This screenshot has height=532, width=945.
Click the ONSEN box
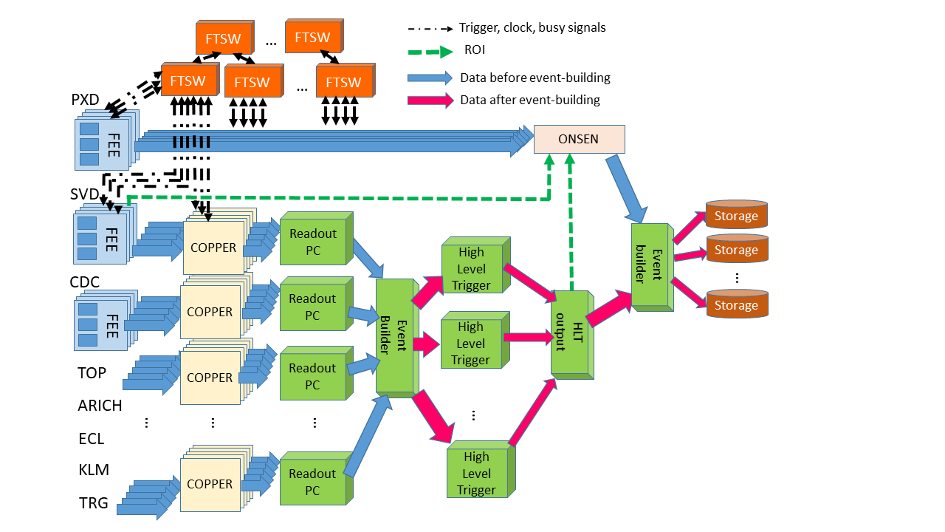tap(579, 139)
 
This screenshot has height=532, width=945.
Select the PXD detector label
tap(86, 100)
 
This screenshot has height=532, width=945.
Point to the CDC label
tap(85, 282)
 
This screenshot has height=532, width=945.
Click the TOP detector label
tap(92, 373)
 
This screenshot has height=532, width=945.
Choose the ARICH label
tap(100, 406)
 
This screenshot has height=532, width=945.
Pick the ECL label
tap(92, 438)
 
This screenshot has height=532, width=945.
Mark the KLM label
tap(93, 470)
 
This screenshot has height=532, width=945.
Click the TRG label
tap(94, 503)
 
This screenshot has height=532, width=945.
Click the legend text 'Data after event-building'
tap(530, 100)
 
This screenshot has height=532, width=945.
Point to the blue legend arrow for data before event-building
tap(430, 78)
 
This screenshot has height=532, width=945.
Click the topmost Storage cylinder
tap(737, 214)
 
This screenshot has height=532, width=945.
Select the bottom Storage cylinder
tap(737, 304)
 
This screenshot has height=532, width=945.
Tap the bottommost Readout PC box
tap(312, 482)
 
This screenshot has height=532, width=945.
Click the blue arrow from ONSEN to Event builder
tap(625, 188)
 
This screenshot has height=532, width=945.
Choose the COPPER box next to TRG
tap(210, 485)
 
